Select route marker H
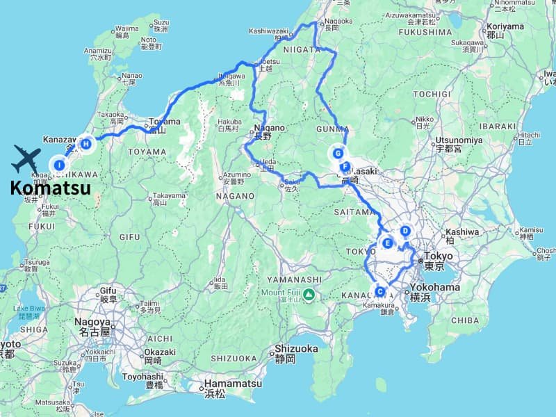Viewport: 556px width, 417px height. pyautogui.click(x=86, y=144)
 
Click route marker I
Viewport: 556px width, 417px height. pyautogui.click(x=60, y=165)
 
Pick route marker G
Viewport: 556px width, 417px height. pyautogui.click(x=338, y=154)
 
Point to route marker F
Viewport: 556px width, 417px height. pyautogui.click(x=345, y=167)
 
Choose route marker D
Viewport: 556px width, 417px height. pyautogui.click(x=405, y=231)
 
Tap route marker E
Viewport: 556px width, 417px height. pyautogui.click(x=389, y=243)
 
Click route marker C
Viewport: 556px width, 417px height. pyautogui.click(x=379, y=292)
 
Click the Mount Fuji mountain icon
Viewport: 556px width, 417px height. pyautogui.click(x=309, y=295)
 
